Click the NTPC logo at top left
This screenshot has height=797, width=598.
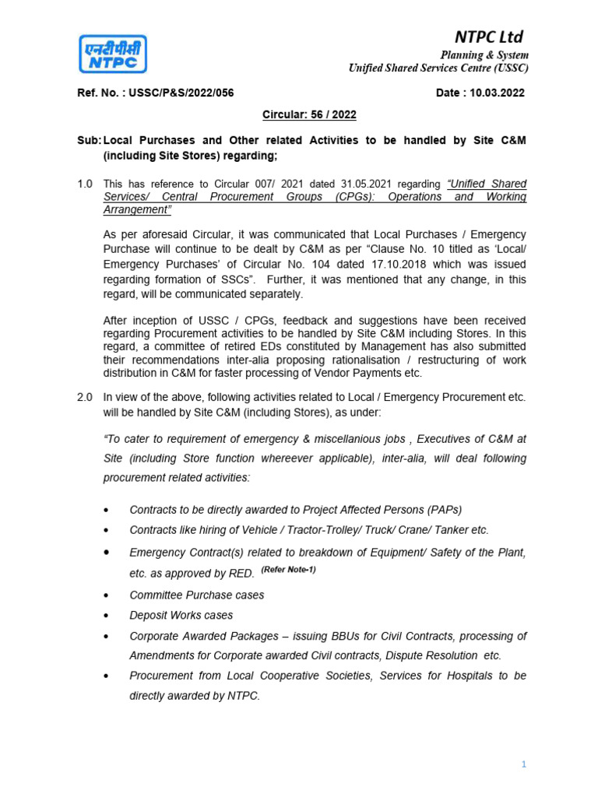coord(111,54)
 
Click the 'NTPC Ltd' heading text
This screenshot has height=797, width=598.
coord(489,37)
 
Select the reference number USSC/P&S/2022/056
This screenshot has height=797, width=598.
coord(182,93)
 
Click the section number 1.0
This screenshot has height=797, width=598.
coord(85,184)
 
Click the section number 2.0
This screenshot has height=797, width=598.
coord(85,397)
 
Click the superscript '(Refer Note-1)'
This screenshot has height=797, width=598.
coord(288,570)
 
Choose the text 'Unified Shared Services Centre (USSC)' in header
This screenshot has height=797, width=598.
coord(438,68)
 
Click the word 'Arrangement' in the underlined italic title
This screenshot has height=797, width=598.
coord(136,210)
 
